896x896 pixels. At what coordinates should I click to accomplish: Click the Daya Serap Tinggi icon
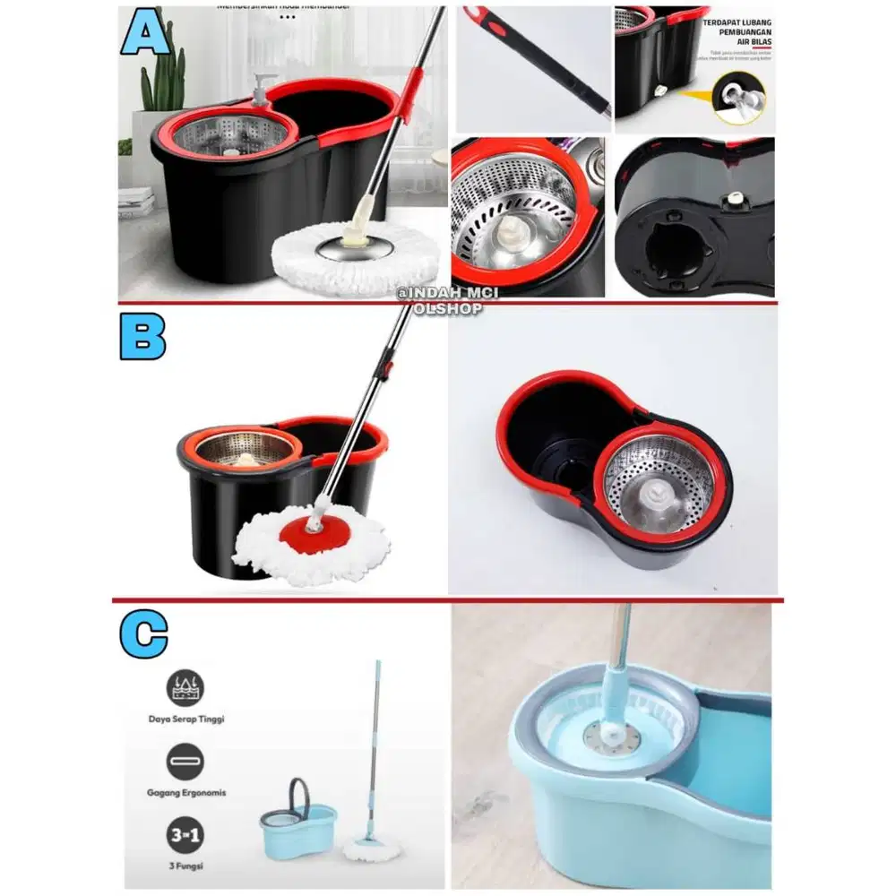[185, 687]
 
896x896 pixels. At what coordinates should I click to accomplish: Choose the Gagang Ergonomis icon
[185, 762]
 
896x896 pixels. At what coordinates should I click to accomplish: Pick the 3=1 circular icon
[185, 839]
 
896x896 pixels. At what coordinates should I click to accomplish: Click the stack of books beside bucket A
[135, 202]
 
